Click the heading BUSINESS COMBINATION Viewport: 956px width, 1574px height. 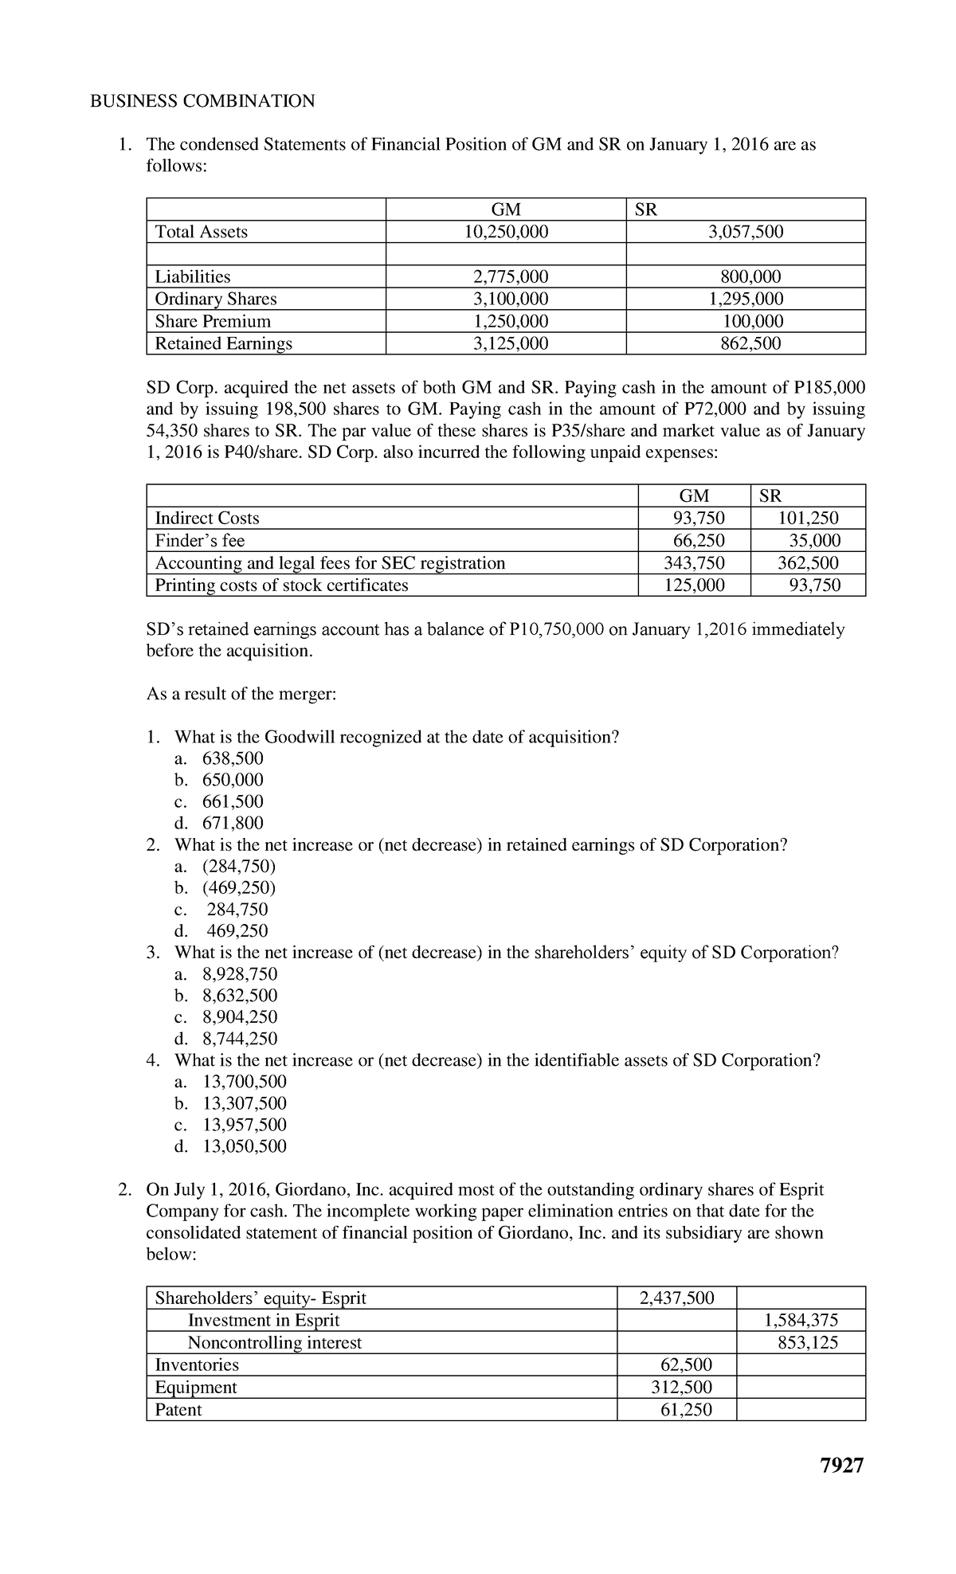coord(202,101)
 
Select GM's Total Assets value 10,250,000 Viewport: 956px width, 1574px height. coord(506,232)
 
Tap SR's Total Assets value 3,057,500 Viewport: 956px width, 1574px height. coord(746,232)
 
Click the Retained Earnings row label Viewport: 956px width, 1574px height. coord(223,343)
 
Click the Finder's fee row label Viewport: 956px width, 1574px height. coord(199,541)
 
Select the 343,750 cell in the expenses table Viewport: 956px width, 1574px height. coord(694,563)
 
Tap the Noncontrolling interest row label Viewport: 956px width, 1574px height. coord(274,1343)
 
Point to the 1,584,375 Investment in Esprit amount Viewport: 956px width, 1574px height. coord(801,1321)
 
